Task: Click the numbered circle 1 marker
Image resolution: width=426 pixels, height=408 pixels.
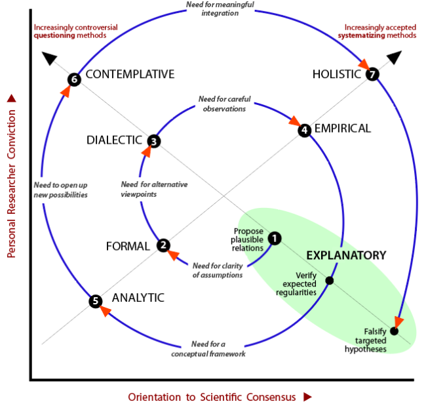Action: coord(275,238)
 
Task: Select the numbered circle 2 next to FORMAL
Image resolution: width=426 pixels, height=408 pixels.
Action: coord(163,245)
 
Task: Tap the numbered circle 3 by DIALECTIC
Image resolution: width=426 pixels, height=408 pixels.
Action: coord(153,140)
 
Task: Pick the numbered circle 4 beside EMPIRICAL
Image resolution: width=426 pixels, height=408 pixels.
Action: coord(304,131)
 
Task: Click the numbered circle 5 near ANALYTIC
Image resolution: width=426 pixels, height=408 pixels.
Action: coord(96,301)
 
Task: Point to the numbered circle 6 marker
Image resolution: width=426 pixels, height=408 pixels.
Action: coord(73,80)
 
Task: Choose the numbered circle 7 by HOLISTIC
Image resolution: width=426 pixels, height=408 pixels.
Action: coord(372,75)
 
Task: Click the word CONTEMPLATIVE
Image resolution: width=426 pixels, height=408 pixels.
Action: coord(130,74)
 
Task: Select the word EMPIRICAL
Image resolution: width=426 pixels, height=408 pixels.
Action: coord(342,129)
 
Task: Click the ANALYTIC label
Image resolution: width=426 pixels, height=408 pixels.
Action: coord(138,298)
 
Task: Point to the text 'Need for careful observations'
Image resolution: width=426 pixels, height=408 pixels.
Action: coord(224,104)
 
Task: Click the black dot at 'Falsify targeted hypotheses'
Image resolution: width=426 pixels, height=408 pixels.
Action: coord(394,331)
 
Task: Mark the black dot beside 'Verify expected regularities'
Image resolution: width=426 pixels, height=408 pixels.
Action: coord(330,281)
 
